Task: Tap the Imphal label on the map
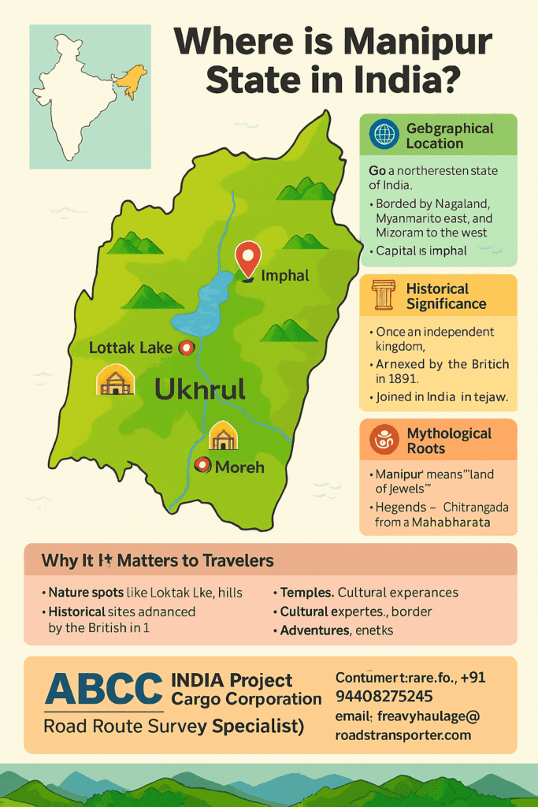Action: [284, 276]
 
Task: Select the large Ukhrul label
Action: [200, 388]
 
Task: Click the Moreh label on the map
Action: [239, 467]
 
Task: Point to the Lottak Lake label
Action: [131, 348]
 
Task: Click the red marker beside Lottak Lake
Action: [187, 347]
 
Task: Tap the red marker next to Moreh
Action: [202, 466]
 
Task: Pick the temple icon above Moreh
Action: [224, 435]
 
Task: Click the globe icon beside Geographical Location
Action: [384, 135]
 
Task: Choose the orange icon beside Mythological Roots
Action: [384, 440]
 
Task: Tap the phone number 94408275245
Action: [384, 696]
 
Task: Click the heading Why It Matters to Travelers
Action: [158, 561]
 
